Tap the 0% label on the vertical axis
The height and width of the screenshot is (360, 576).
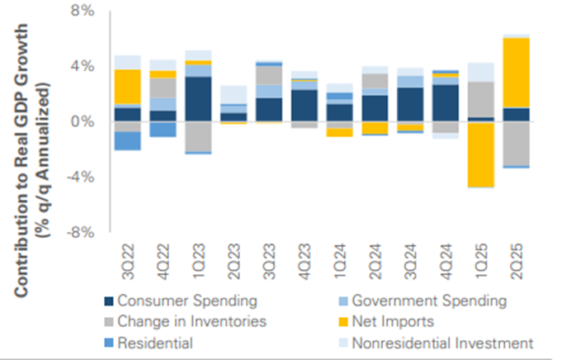[x=83, y=121]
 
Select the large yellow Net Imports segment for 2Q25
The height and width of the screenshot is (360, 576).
[x=517, y=73]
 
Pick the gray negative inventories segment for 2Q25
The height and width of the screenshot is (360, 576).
[x=517, y=143]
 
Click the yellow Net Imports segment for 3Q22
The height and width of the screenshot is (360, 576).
[x=127, y=86]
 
